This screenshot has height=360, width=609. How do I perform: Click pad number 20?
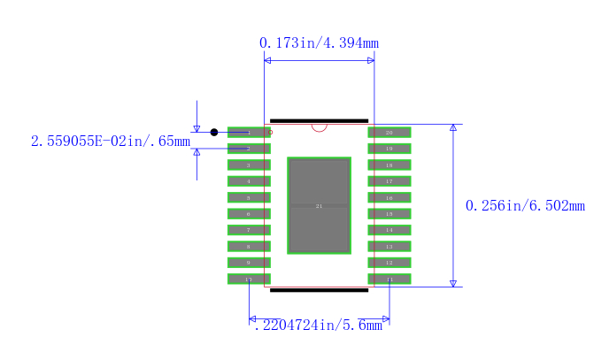(389, 133)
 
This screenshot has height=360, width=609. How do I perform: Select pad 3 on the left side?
(249, 165)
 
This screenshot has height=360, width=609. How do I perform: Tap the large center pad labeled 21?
(320, 205)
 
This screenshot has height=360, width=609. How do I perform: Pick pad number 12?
(389, 263)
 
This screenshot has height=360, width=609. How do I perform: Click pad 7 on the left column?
(249, 230)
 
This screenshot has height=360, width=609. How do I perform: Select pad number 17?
(389, 181)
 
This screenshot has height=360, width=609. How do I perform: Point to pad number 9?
(249, 263)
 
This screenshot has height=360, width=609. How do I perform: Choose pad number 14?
(389, 230)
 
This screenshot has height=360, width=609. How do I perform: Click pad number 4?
(249, 181)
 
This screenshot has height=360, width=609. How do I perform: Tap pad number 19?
(389, 149)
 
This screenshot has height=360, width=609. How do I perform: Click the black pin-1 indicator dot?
(214, 133)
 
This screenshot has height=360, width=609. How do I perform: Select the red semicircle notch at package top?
(320, 127)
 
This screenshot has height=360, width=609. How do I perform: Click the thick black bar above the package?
(319, 120)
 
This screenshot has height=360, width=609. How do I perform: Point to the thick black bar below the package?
(319, 290)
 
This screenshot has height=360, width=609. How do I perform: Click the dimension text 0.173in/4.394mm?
(319, 42)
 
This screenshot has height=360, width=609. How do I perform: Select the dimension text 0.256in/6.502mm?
(525, 206)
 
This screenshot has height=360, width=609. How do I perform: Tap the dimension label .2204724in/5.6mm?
(318, 326)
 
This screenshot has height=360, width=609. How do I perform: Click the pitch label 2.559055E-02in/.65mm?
(110, 142)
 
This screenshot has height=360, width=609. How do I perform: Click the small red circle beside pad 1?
(270, 133)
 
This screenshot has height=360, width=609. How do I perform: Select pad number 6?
(249, 214)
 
